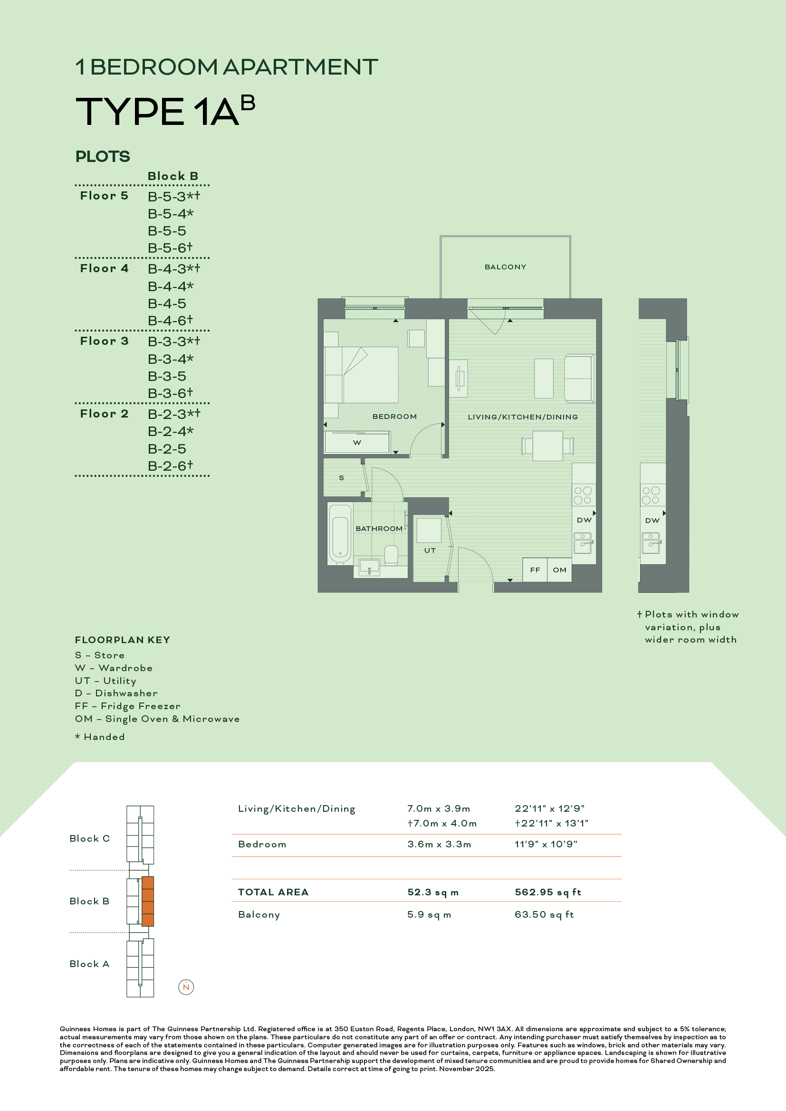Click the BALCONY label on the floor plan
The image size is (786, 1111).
505,267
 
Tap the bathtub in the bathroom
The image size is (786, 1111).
340,533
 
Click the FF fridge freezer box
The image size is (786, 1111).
535,570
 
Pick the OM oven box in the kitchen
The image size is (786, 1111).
559,570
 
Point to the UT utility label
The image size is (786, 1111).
430,551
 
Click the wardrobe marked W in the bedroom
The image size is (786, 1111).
357,442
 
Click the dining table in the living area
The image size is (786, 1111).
547,446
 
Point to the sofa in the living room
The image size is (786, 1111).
579,379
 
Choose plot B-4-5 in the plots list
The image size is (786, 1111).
167,304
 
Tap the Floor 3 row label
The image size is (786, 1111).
104,341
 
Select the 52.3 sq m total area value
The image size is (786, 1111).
433,893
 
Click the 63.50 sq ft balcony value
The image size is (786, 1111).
544,914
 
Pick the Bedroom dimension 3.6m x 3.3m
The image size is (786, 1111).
439,845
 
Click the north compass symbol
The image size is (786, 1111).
186,987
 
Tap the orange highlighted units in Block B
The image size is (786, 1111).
148,902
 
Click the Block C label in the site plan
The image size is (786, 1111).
89,838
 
